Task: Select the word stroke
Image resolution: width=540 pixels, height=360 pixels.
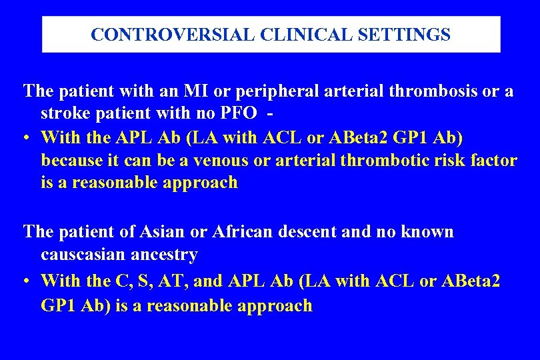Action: (68, 114)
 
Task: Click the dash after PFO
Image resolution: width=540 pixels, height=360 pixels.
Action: (270, 114)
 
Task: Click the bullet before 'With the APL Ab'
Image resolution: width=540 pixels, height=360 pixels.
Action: (25, 138)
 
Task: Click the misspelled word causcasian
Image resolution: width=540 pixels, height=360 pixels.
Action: (84, 255)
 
